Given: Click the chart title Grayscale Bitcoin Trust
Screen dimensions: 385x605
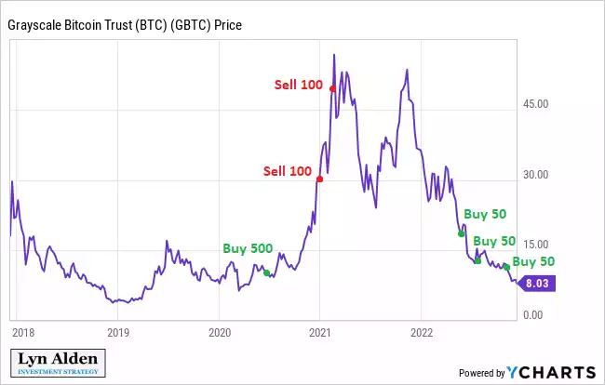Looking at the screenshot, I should (x=125, y=25).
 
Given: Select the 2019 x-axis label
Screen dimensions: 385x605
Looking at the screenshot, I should (x=117, y=331).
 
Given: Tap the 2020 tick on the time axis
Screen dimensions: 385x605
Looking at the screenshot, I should (x=220, y=331).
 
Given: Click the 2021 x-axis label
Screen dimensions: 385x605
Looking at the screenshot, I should (x=321, y=331).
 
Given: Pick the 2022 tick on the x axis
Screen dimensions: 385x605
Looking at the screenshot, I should (x=423, y=331).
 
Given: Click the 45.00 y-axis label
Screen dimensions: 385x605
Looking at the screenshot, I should (x=535, y=104).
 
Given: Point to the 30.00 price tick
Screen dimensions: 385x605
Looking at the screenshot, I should (x=535, y=175).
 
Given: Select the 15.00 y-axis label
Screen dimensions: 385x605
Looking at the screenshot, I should (x=535, y=245).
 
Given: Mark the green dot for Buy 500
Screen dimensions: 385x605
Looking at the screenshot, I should (x=266, y=272).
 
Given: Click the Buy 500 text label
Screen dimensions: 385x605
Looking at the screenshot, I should (x=248, y=249).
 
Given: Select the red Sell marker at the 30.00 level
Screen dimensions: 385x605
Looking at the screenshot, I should (x=319, y=179).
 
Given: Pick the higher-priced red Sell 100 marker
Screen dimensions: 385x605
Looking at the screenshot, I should (x=332, y=88).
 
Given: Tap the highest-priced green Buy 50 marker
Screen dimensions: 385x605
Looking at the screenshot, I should (x=461, y=233).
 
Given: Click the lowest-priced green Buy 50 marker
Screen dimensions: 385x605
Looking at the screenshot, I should (x=506, y=268).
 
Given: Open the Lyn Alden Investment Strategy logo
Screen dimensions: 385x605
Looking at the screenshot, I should (x=57, y=363).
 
